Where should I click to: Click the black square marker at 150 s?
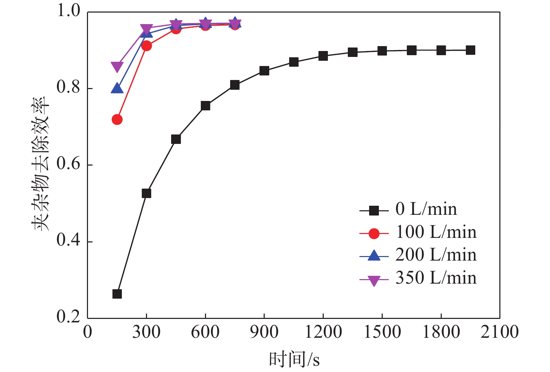(x=117, y=294)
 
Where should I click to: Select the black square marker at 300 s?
(x=146, y=193)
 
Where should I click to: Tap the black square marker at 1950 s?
(x=470, y=50)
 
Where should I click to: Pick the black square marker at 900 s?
(x=264, y=71)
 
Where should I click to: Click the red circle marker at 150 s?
(x=117, y=119)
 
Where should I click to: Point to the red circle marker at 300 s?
(x=146, y=46)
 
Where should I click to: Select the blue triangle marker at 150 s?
(x=117, y=89)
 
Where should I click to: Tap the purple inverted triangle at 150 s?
(x=117, y=66)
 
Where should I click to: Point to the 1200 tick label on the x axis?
(x=323, y=332)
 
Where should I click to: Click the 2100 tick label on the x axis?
(x=500, y=332)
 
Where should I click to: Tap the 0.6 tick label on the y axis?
(x=68, y=164)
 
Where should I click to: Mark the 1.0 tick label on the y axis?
(x=68, y=11)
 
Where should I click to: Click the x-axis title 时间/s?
(x=294, y=359)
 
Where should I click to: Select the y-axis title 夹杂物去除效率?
(x=41, y=164)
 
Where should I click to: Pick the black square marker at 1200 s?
(x=323, y=56)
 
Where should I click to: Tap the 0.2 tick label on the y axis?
(x=68, y=317)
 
